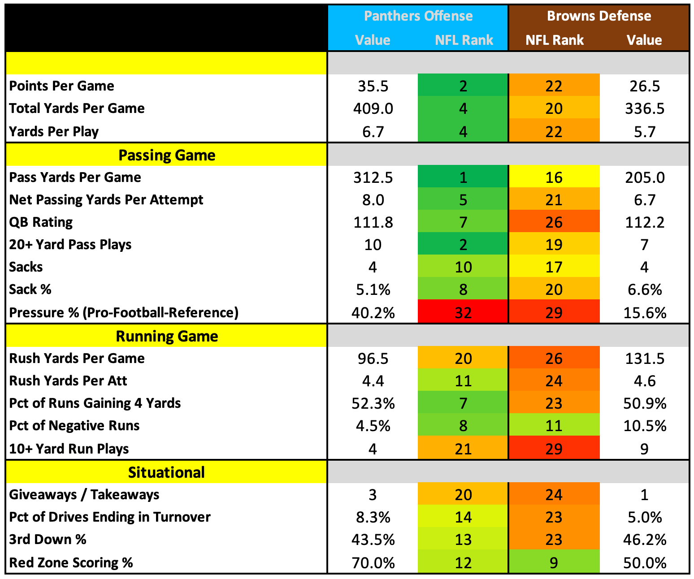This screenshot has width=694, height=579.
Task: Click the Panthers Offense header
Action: point(418,16)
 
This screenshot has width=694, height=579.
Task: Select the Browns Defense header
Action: point(599,16)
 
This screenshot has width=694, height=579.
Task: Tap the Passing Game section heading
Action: point(167,155)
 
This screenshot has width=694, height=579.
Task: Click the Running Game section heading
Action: point(167,336)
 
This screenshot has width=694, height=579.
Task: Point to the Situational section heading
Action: point(166,472)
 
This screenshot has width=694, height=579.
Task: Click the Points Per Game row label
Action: point(61,86)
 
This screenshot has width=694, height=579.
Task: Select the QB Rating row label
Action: point(40,222)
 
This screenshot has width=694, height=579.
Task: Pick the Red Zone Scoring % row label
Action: point(71,562)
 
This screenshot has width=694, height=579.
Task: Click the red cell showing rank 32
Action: point(463,311)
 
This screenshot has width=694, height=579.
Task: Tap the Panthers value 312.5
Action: point(373,177)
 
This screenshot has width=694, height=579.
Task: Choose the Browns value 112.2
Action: point(645,222)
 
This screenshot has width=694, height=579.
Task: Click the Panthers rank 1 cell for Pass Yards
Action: point(463,177)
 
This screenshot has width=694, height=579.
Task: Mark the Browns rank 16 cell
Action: point(554,177)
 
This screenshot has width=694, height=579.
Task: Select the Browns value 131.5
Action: point(645,359)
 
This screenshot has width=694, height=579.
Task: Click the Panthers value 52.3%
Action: point(373,403)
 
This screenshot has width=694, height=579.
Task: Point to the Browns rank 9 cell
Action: point(554,562)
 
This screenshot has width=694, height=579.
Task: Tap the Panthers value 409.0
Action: point(373,108)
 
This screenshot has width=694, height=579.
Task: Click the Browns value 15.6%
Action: point(645,313)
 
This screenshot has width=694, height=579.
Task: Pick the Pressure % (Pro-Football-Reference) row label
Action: point(124,313)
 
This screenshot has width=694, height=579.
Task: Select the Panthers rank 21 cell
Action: point(463,448)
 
